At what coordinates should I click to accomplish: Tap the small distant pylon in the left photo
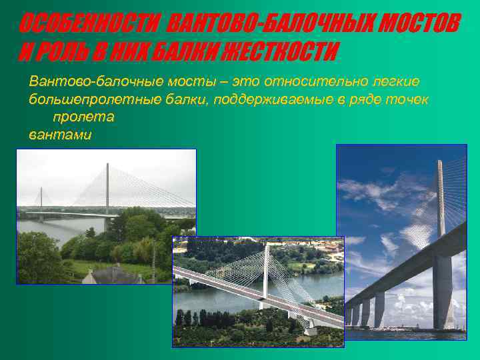point(41,198)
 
